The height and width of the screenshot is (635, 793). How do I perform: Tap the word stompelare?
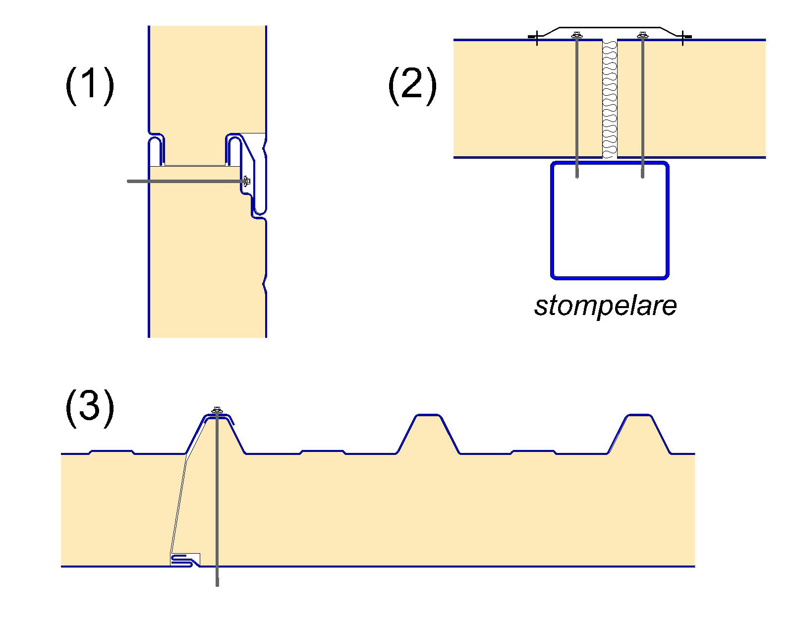[605, 306]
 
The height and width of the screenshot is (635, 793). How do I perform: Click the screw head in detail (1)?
[246, 181]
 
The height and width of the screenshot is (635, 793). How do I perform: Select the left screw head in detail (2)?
[576, 35]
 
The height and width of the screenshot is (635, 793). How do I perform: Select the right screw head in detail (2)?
[643, 35]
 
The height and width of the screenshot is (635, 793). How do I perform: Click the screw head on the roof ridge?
[217, 410]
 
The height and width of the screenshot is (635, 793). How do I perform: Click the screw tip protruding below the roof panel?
[217, 583]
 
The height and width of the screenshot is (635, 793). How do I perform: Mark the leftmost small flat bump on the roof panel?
[112, 451]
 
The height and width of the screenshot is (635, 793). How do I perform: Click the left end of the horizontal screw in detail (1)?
[129, 182]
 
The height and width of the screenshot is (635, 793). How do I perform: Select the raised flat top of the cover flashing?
[610, 27]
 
